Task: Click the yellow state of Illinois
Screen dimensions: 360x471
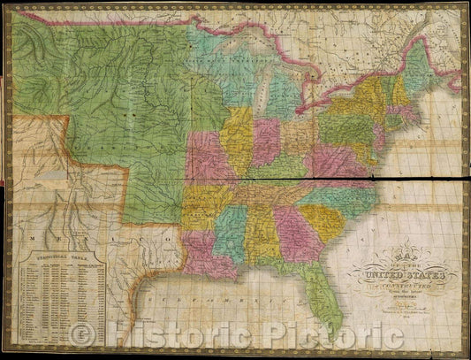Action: click(237, 138)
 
